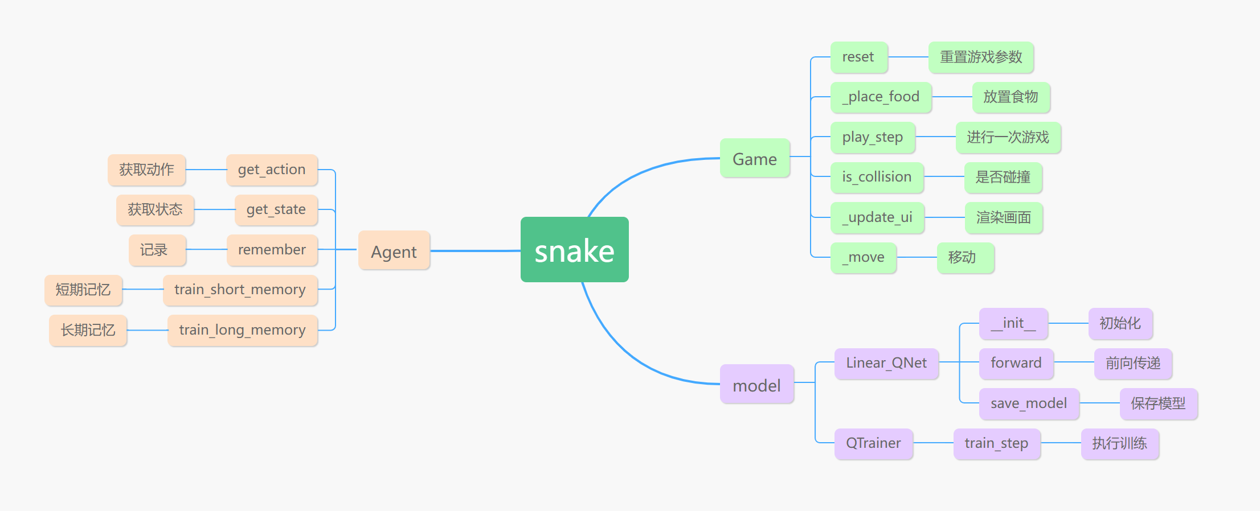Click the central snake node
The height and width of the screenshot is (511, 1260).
coord(574,250)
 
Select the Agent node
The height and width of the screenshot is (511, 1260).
coord(394,250)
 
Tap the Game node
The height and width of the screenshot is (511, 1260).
coord(754,158)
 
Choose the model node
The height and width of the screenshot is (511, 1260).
coord(756,385)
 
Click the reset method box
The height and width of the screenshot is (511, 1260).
coord(858,57)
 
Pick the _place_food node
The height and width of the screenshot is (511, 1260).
coord(881,97)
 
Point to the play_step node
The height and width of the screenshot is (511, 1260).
coord(873,137)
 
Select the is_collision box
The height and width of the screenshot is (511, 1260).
coord(877,177)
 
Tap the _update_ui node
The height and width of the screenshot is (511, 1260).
coord(877,217)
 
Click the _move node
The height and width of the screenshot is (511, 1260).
coord(863,257)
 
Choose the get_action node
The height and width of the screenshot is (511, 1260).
coord(272,170)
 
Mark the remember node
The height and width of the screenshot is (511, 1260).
coord(272,250)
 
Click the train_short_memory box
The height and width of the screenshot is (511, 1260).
coord(240,290)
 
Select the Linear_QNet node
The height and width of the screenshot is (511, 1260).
coord(886,363)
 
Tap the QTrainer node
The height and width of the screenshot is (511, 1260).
coord(873,443)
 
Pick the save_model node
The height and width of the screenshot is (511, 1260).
coord(1029,403)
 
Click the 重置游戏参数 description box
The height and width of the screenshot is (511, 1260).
coord(981,57)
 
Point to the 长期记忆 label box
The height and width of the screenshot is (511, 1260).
coord(88,330)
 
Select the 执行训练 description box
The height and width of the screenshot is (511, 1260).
coord(1119,443)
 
